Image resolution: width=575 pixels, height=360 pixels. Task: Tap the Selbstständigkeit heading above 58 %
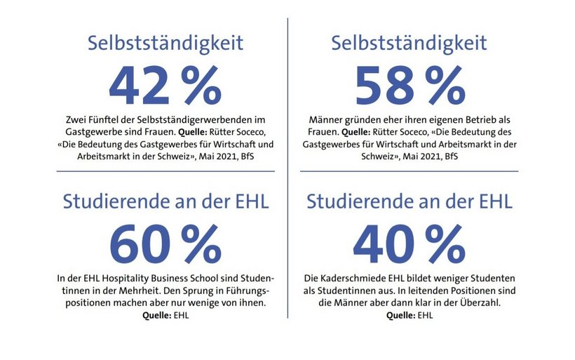click(410, 43)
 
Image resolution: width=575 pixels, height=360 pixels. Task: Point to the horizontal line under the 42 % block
click(165, 171)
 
